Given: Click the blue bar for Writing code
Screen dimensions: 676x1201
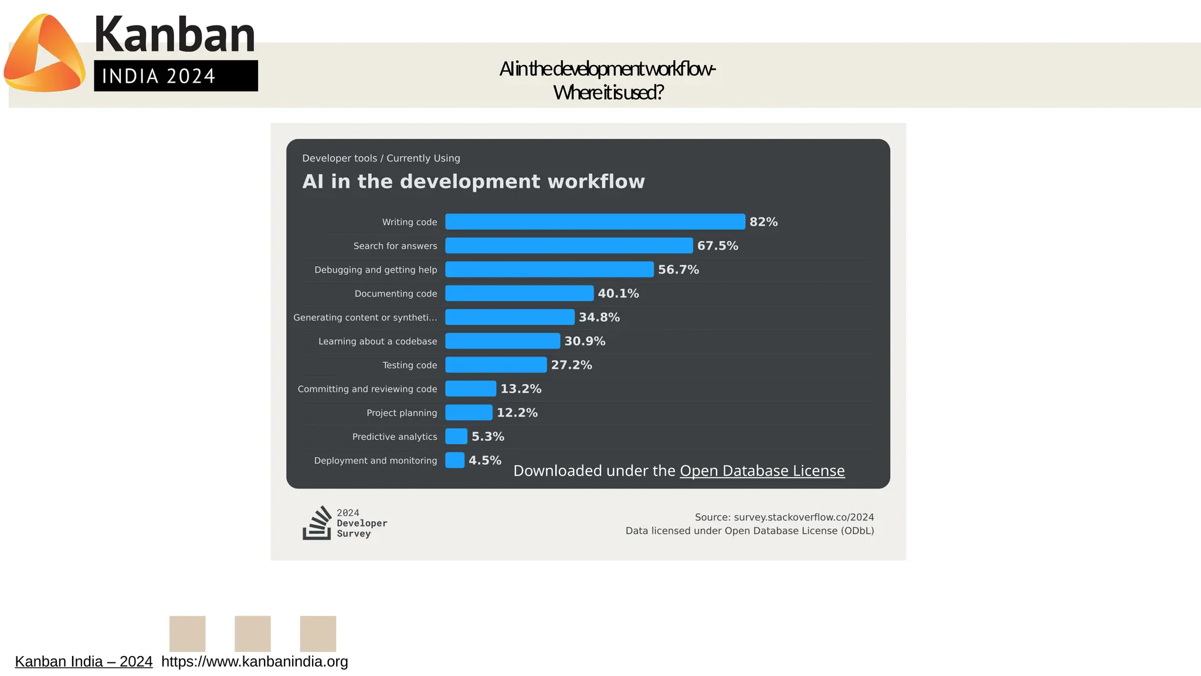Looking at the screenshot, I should point(595,222).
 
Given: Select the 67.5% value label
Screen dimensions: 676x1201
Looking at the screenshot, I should point(717,246).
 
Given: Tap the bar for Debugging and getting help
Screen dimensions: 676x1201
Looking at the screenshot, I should point(549,270).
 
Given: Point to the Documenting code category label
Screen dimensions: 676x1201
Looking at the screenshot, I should point(395,294).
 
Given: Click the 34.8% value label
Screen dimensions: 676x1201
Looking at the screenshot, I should point(599,317).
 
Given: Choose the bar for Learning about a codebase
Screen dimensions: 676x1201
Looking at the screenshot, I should point(503,341).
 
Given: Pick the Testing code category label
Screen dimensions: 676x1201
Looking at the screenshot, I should point(409,365).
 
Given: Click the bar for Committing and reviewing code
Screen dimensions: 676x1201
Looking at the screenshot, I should point(470,389).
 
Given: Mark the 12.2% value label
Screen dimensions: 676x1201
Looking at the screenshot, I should point(517,413).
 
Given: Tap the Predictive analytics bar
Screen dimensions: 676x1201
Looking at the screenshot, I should point(456,437).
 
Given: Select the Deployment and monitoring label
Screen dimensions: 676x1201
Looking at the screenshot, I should point(375,461).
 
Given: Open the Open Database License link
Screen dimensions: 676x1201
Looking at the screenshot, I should point(762,471).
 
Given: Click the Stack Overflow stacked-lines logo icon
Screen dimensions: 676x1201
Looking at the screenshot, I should point(317,523).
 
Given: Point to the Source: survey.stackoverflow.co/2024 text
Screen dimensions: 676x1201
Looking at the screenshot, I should point(784,517).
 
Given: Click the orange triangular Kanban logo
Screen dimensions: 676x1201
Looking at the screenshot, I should point(45,54).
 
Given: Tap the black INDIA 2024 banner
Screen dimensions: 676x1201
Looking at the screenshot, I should point(175,76).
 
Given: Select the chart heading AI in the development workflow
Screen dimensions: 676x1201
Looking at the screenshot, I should point(473,182).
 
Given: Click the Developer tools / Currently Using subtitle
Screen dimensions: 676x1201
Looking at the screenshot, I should point(381,158).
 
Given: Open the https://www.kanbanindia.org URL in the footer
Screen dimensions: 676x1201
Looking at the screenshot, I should point(255,661).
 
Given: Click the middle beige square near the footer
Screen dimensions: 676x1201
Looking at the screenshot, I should point(253,633).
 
